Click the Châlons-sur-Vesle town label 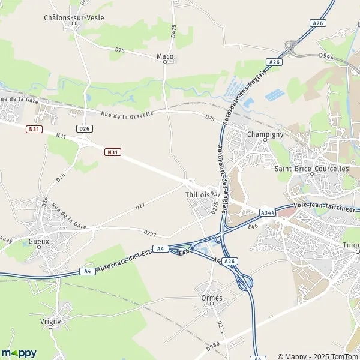(74, 17)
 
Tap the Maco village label (165, 57)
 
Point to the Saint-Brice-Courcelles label (311, 169)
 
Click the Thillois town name (198, 195)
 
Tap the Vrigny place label (51, 321)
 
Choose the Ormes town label (212, 298)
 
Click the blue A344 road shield (268, 212)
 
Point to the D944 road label (326, 56)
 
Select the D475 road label (173, 32)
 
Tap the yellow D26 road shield (85, 128)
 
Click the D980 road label (213, 344)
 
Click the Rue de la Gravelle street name (127, 113)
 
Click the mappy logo (19, 353)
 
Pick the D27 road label (140, 206)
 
